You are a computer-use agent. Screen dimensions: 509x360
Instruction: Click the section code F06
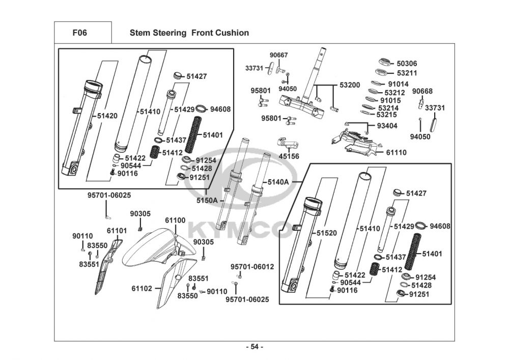(x=79, y=33)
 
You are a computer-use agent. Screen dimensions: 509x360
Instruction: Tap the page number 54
(x=254, y=347)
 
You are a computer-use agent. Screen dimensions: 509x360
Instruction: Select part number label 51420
(x=107, y=116)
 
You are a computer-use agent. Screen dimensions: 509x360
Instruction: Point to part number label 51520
(x=327, y=233)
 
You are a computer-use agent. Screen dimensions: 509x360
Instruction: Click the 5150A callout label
(x=207, y=200)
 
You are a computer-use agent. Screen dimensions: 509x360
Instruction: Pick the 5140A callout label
(x=278, y=182)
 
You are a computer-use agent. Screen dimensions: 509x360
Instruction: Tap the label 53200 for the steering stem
(x=350, y=85)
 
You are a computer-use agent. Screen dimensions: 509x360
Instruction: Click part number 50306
(x=407, y=64)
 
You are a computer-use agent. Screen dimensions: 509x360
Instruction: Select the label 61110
(x=396, y=152)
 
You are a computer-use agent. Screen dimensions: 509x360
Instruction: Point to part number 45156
(x=289, y=156)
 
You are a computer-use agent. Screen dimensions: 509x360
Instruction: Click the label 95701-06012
(x=252, y=267)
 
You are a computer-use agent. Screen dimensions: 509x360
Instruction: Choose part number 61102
(x=142, y=288)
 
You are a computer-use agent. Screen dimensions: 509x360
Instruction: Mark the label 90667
(x=279, y=55)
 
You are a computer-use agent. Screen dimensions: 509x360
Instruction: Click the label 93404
(x=387, y=126)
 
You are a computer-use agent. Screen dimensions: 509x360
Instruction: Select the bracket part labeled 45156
(x=287, y=143)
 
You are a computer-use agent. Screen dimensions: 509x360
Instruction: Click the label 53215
(x=387, y=115)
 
